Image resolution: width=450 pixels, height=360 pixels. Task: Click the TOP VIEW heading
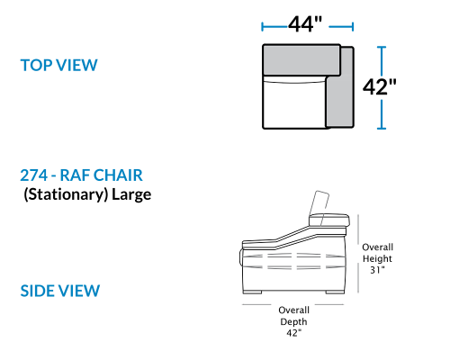coord(58,65)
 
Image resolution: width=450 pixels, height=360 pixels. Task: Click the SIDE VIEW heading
coord(60,291)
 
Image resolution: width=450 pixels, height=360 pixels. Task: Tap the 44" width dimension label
coord(305,24)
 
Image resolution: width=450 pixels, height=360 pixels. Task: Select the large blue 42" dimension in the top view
coord(380,87)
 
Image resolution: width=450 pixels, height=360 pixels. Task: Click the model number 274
coord(33,175)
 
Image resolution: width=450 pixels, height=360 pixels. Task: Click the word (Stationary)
coord(66,194)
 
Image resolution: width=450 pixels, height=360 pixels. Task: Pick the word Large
coord(131,195)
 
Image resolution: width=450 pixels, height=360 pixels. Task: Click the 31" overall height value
coord(377,270)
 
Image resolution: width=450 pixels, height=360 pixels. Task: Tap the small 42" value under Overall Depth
coord(293,333)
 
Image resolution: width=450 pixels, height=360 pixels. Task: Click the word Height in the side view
coord(377,258)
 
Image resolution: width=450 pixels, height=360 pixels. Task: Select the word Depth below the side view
coord(293,322)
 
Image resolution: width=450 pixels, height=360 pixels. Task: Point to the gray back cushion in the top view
coord(301,59)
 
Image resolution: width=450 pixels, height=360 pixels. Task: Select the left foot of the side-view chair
coord(252,292)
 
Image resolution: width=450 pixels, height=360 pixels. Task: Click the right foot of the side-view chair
coord(334,292)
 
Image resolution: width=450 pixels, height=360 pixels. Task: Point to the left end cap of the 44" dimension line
coord(263,27)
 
